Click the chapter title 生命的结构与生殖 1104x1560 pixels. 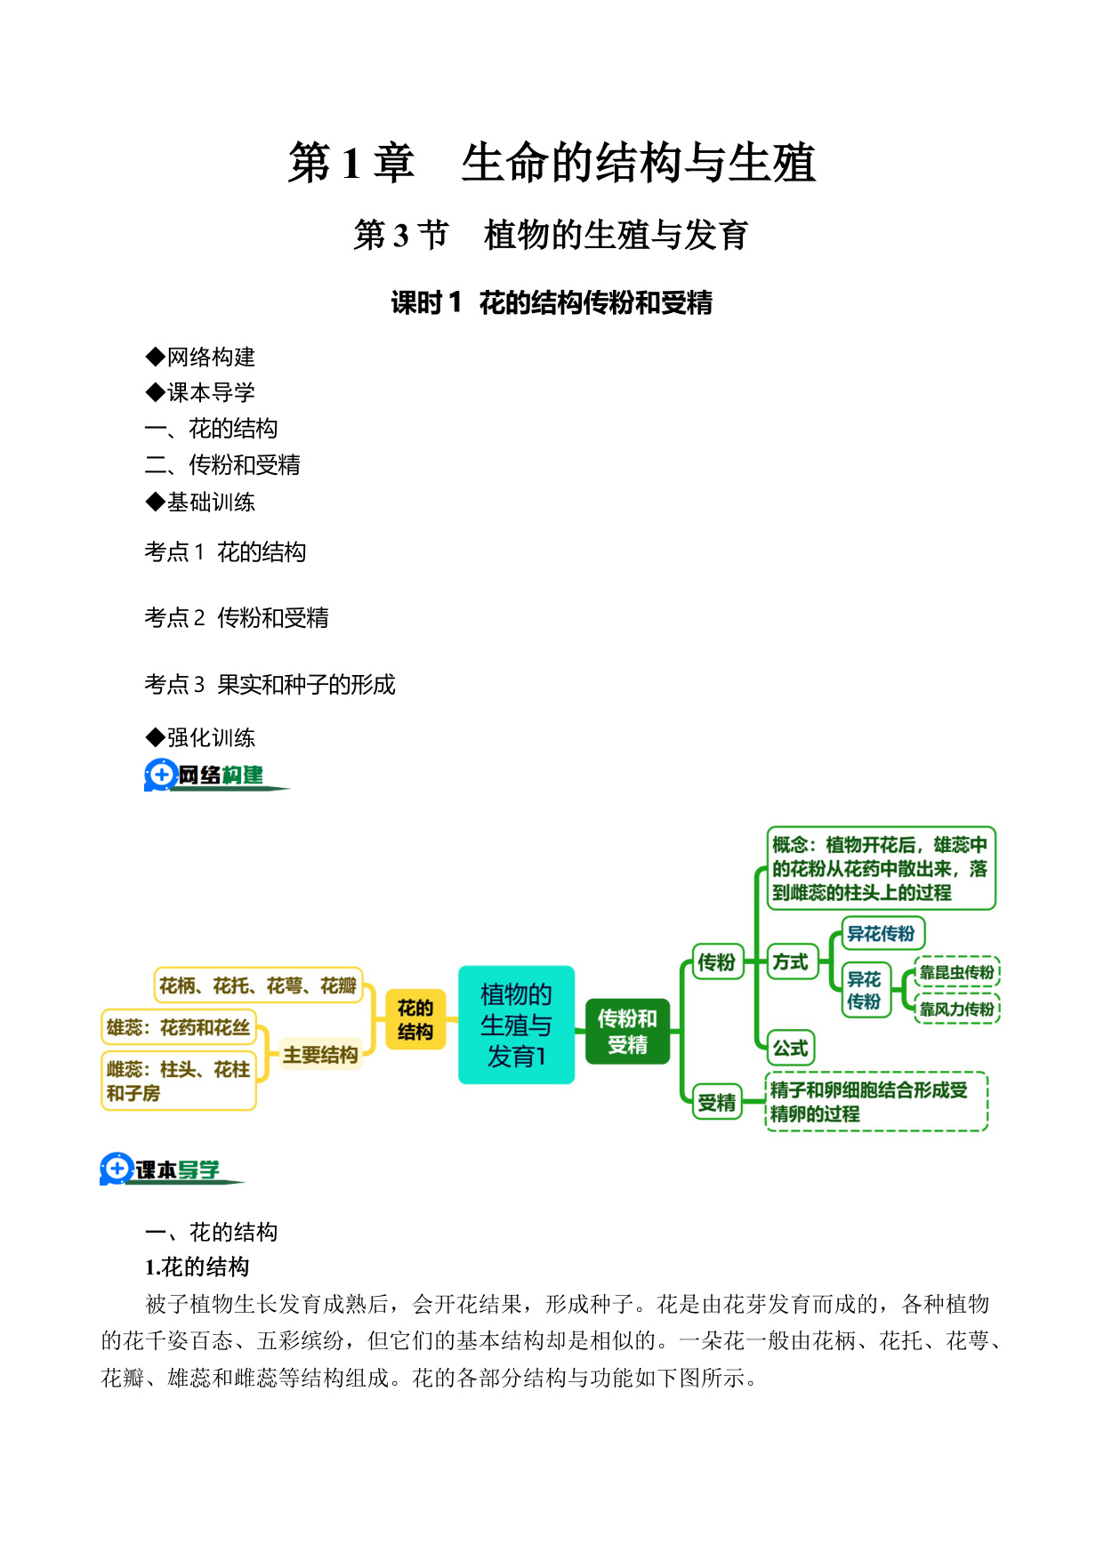pos(638,163)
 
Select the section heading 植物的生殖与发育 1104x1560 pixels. pos(616,236)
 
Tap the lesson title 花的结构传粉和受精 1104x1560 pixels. pos(595,303)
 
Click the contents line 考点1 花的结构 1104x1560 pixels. pos(225,552)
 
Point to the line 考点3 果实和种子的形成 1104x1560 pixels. pos(270,685)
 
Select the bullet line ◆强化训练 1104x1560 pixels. pos(200,737)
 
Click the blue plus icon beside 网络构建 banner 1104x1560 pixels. pos(161,775)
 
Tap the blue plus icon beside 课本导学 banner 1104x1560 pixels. pos(117,1169)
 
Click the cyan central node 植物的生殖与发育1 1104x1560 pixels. pos(516,1025)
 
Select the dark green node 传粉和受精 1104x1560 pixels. pos(627,1032)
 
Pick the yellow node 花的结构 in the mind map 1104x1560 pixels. pos(415,1019)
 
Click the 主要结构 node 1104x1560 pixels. pos(320,1056)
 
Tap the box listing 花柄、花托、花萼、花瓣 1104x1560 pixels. pos(258,985)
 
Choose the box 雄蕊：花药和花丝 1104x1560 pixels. pos(179,1027)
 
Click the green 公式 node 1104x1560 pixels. pos(790,1049)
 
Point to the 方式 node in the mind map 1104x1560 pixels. pos(790,962)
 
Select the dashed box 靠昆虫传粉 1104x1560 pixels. pos(957,972)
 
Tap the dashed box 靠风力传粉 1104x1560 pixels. pos(957,1009)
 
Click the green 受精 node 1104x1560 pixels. pos(717,1103)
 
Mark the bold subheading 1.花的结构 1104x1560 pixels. pos(197,1267)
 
